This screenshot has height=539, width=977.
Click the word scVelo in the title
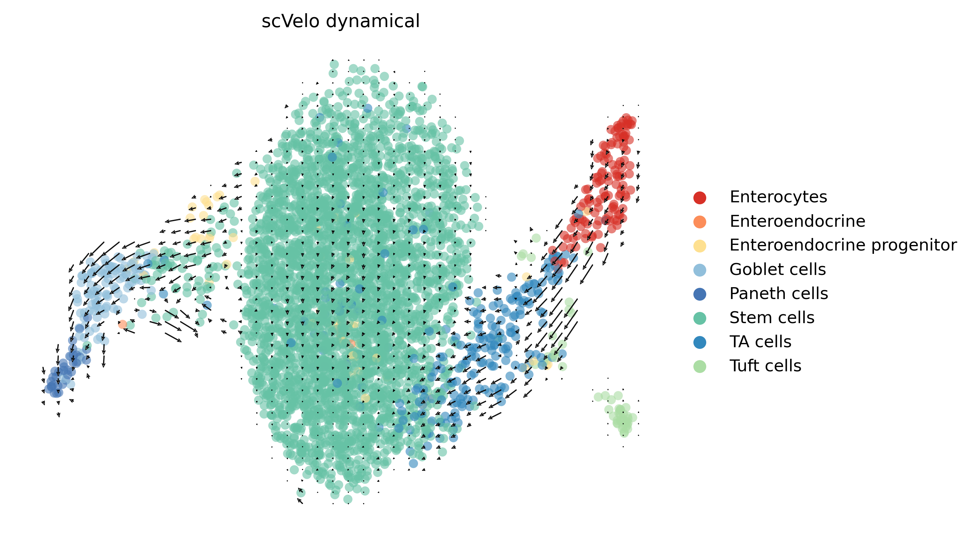tap(291, 21)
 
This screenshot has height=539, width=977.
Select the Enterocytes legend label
tap(778, 197)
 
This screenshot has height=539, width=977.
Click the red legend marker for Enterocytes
tap(699, 197)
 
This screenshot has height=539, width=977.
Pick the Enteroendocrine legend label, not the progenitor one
tap(797, 221)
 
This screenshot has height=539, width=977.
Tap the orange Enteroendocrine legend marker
tap(699, 222)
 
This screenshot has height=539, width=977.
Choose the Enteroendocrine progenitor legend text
tap(843, 245)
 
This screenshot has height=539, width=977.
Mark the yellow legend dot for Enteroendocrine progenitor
tap(699, 246)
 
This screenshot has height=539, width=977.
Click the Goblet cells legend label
tap(778, 269)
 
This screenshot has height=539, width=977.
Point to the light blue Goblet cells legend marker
tap(699, 270)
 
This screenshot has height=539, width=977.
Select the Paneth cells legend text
tap(779, 294)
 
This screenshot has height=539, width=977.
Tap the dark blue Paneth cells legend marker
tap(699, 294)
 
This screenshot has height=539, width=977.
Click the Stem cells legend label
tap(772, 318)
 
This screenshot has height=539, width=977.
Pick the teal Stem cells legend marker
tap(699, 318)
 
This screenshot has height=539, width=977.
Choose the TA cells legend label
tap(760, 342)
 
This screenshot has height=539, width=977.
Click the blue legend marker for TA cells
tap(699, 342)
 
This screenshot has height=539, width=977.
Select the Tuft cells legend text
tap(765, 366)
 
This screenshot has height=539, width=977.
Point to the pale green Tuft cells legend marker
tap(699, 366)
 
